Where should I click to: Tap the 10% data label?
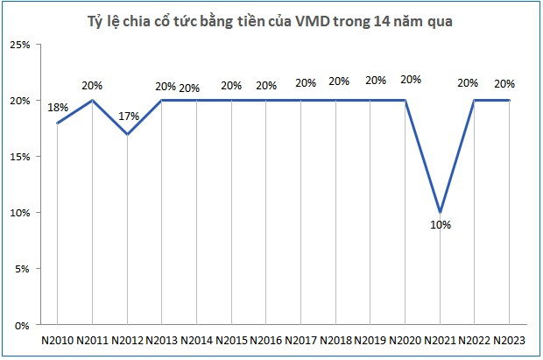[x=440, y=225]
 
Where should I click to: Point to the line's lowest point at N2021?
[x=440, y=212]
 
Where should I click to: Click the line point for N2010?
[x=57, y=123]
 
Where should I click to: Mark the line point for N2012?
[x=127, y=134]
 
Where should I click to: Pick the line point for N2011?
[x=92, y=100]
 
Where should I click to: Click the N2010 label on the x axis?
[x=57, y=340]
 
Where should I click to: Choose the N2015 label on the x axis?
[x=231, y=340]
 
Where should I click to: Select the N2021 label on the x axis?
[x=440, y=340]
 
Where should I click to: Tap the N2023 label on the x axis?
[x=509, y=340]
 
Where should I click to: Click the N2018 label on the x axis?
[x=335, y=340]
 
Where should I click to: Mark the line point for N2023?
[x=510, y=100]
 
